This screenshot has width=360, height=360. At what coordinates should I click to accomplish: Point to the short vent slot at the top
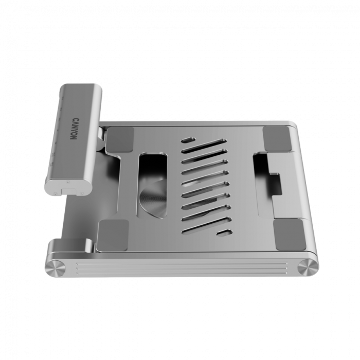(189, 139)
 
